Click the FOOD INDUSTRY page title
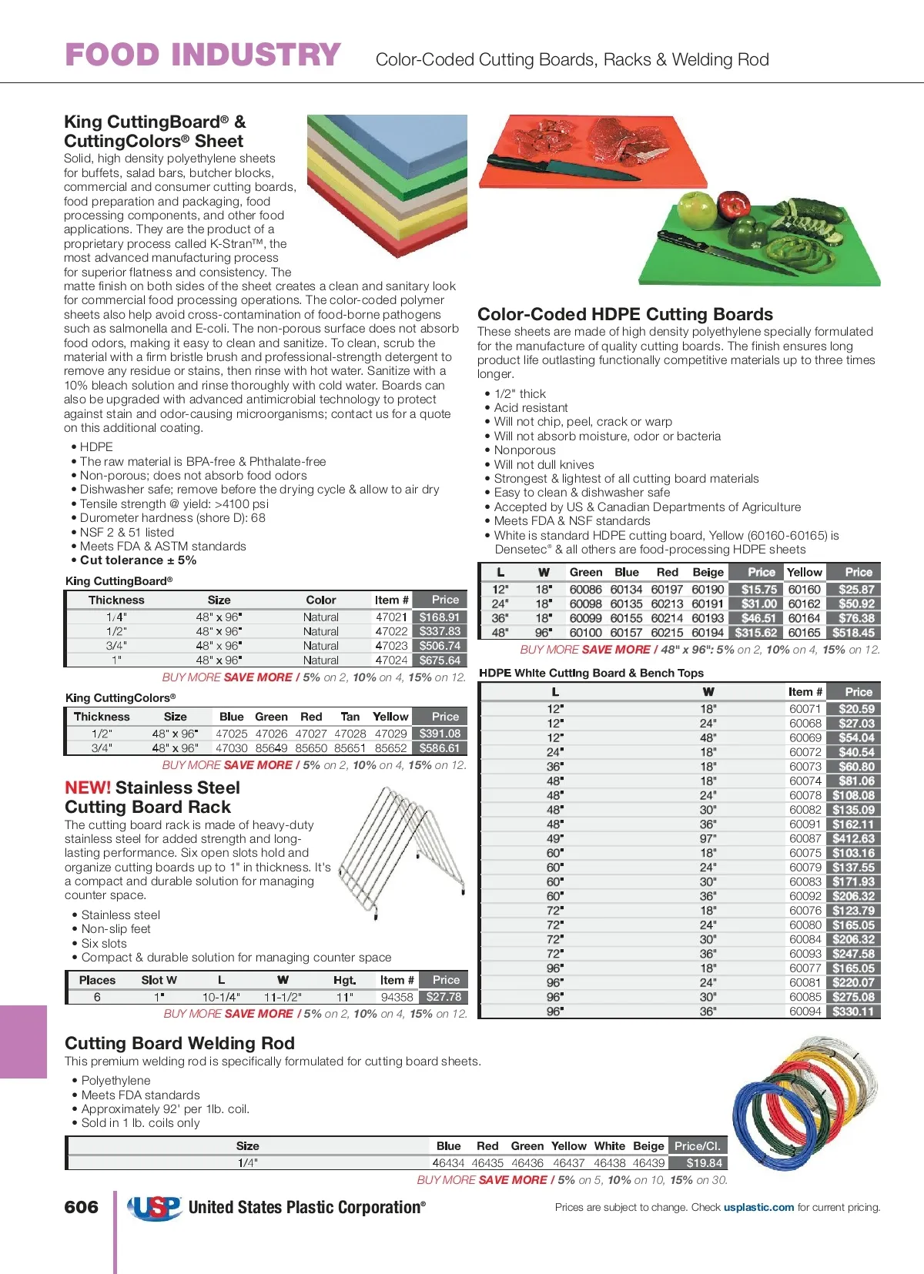click(203, 55)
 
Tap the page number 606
click(82, 1207)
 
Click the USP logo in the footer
click(155, 1208)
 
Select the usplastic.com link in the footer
click(758, 1207)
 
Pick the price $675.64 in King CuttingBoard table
click(440, 660)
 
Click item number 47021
click(391, 617)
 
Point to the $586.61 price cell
click(440, 748)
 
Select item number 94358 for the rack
click(397, 997)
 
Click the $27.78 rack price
click(444, 997)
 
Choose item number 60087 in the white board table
click(805, 838)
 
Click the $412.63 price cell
click(853, 838)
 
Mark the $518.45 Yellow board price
click(853, 633)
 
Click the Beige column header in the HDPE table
click(708, 572)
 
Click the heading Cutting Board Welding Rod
click(179, 1043)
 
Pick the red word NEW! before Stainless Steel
click(88, 787)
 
